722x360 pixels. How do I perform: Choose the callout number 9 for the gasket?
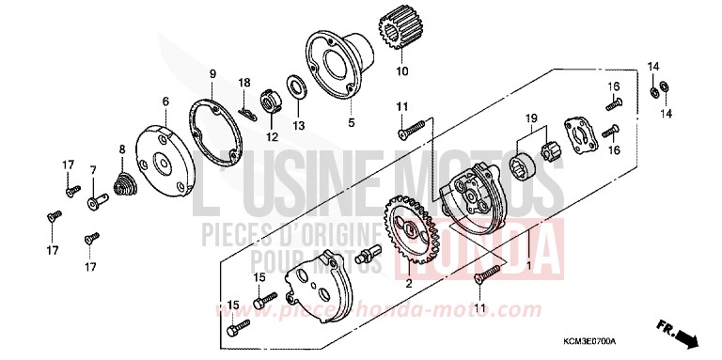click(x=212, y=73)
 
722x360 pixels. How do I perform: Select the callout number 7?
click(x=93, y=169)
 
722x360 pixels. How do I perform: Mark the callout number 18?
click(x=244, y=83)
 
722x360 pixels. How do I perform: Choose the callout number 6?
click(x=165, y=102)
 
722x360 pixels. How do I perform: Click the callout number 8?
click(x=121, y=149)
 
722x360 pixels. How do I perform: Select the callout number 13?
click(x=298, y=124)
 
